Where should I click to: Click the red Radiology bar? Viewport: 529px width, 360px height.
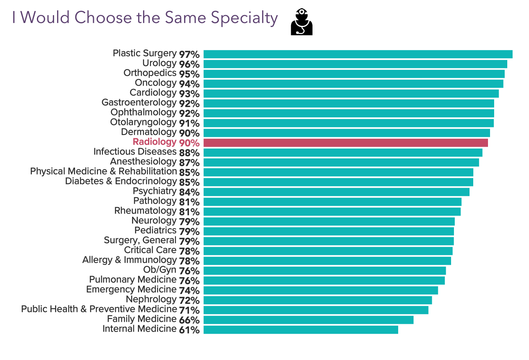pos(345,143)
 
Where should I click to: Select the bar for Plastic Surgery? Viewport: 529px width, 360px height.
pos(358,54)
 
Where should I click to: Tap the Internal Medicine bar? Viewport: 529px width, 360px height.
pos(301,330)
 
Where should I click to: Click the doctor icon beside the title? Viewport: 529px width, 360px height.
pos(301,22)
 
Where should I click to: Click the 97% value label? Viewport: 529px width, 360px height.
pos(189,55)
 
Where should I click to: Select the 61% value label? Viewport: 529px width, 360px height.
pos(189,330)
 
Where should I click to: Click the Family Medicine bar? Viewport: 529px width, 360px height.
pos(308,320)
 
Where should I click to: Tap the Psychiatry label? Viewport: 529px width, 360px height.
pos(154,191)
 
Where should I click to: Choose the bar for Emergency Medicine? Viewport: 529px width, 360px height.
pos(320,290)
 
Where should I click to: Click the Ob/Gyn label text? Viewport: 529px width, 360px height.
pos(160,270)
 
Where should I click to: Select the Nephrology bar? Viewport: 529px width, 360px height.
pos(317,300)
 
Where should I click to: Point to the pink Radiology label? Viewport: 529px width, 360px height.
pos(154,142)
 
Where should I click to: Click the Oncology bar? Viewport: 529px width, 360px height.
pos(353,84)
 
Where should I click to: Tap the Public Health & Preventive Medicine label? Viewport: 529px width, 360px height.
pos(99,309)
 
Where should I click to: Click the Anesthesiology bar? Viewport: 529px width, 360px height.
pos(341,162)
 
